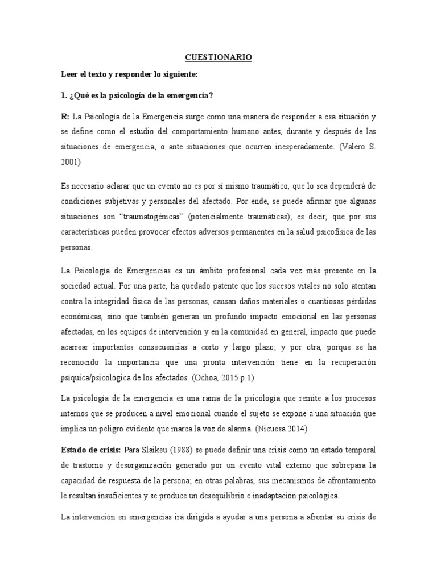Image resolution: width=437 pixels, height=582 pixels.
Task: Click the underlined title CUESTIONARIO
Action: point(218,57)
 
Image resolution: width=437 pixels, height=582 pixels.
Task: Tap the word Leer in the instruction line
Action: point(71,74)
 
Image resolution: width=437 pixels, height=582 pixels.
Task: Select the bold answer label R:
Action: point(64,117)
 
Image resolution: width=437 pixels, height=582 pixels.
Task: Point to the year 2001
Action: point(71,161)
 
